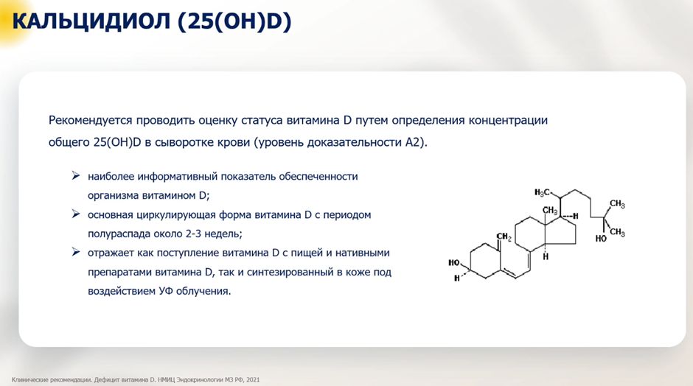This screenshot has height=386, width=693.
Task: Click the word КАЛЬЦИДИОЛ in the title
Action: click(x=91, y=21)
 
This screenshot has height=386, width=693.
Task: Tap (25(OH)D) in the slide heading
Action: click(x=234, y=21)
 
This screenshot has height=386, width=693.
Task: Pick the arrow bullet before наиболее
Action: click(x=76, y=176)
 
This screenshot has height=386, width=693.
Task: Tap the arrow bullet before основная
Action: click(x=76, y=214)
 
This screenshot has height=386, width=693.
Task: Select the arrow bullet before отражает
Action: click(x=76, y=252)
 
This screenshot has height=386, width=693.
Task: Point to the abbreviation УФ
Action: click(x=166, y=292)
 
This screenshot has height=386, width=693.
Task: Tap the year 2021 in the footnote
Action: click(x=253, y=380)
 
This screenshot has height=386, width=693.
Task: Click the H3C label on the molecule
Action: click(x=542, y=192)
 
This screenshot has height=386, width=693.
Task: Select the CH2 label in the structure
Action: click(x=504, y=237)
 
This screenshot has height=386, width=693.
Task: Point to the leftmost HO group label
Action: click(x=454, y=263)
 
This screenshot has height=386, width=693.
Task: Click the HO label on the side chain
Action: click(x=601, y=239)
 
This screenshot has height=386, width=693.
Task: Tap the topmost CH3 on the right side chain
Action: click(x=617, y=204)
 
